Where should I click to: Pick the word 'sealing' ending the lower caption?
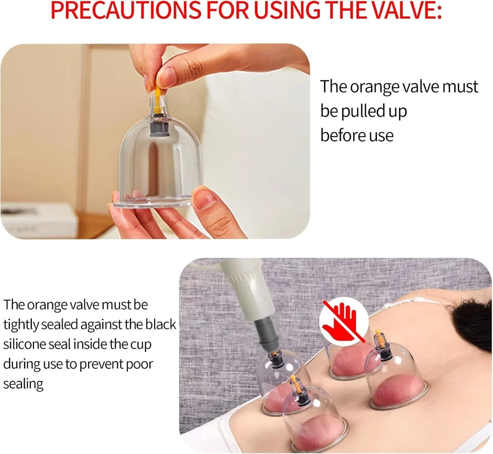23,384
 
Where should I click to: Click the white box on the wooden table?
39,221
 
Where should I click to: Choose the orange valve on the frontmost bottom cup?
293,383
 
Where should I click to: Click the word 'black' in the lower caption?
159,325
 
